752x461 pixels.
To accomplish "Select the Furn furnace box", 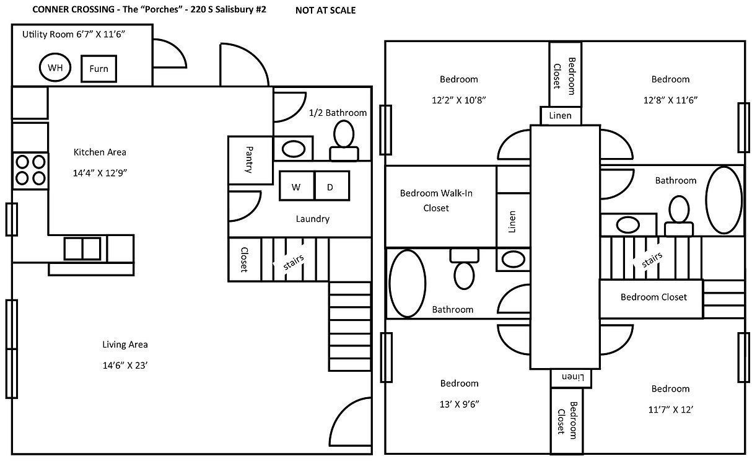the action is pos(98,69).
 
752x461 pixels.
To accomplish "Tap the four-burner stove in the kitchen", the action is pos(30,170).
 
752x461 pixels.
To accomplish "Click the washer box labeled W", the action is pos(297,186).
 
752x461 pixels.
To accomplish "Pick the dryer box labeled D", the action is pos(331,186).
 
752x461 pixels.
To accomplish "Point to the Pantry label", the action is pos(249,159).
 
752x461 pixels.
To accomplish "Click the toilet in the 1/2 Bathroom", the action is pos(344,141).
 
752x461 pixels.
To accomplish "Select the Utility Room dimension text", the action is pos(74,34).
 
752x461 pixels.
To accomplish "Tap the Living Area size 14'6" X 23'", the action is pos(125,366).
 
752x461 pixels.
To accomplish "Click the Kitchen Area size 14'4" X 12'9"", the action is pos(100,173).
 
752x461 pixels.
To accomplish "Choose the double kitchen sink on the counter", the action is pos(82,249).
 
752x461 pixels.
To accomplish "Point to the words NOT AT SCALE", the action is pos(325,11).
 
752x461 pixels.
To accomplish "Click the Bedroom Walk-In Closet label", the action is pos(436,201).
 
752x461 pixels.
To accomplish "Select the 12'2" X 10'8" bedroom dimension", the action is pos(458,100).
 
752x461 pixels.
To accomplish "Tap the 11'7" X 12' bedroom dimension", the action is pos(670,410).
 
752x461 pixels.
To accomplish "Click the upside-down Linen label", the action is pos(573,377).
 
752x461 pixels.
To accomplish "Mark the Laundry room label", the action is pos(313,219).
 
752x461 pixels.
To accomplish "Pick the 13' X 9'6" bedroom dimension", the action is pos(459,404).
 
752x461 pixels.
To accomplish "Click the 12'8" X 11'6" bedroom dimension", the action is pos(670,100).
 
